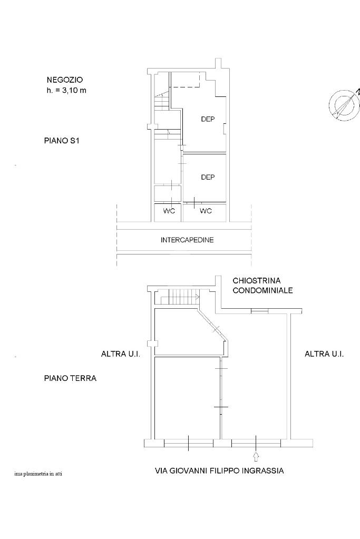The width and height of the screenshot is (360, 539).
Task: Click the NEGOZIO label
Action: tap(65, 80)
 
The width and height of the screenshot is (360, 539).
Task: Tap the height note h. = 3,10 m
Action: tap(66, 91)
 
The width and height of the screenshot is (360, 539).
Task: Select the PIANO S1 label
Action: tap(62, 141)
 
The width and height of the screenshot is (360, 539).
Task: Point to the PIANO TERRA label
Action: tap(70, 378)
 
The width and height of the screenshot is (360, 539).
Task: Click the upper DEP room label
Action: tap(208, 119)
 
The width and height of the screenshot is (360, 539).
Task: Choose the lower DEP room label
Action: tap(208, 177)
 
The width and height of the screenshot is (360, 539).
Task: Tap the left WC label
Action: tap(169, 211)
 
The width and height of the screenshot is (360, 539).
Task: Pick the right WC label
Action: tap(206, 211)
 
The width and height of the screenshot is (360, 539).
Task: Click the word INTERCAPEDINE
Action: tap(187, 240)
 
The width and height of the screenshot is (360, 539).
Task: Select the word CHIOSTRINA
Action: tap(257, 281)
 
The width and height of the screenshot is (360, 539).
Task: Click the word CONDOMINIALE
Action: tap(262, 290)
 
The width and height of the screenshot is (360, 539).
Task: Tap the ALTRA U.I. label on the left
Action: tap(121, 354)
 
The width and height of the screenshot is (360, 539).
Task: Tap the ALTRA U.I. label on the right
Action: tap(324, 354)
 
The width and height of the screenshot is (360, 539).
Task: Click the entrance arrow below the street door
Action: tap(256, 456)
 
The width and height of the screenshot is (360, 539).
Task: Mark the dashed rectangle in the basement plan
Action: tap(186, 80)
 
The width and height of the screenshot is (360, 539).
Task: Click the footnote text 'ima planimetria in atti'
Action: tap(38, 474)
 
